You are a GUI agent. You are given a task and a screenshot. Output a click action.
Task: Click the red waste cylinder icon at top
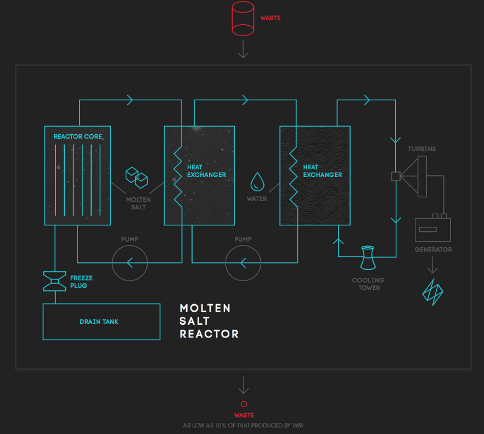[243, 19]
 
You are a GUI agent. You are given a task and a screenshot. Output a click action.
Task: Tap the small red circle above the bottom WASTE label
[244, 404]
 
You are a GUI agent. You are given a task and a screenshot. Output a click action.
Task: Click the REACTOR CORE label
[77, 136]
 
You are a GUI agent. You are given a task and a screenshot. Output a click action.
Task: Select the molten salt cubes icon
[137, 176]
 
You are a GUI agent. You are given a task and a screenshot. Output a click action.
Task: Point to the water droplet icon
[257, 181]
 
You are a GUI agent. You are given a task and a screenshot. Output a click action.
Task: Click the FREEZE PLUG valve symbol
[55, 281]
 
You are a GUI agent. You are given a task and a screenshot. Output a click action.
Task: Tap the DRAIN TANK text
[99, 322]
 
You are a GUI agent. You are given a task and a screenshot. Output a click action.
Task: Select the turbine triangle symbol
[415, 176]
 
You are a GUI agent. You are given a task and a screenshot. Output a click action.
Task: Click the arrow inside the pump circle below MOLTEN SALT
[130, 262]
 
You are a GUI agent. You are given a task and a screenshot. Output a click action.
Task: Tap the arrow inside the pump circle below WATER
[243, 262]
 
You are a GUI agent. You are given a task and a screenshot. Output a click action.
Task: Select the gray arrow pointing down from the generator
[432, 265]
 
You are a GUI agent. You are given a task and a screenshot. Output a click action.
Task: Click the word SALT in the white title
[195, 321]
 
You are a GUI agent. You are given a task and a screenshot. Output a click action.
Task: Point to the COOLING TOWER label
[368, 284]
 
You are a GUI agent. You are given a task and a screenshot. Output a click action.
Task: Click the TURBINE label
[422, 149]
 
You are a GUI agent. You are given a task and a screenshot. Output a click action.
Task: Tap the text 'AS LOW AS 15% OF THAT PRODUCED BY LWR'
[250, 425]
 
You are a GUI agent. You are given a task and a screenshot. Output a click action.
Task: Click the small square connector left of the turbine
[395, 176]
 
